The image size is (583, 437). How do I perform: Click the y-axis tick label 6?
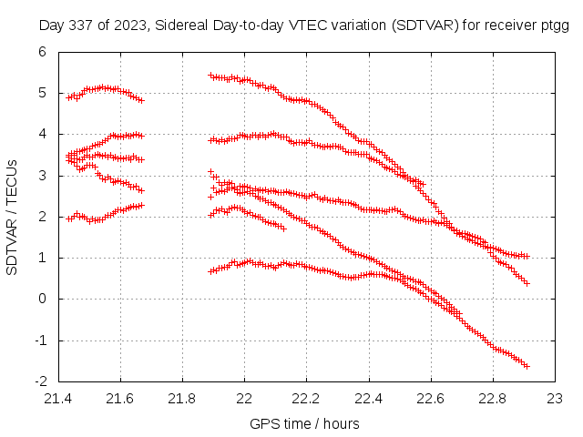point(41,52)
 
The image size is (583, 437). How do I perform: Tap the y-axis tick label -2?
point(38,381)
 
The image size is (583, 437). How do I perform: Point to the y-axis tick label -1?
point(38,340)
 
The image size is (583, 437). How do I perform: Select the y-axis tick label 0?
point(41,300)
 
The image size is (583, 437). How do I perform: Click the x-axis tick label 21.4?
point(58,399)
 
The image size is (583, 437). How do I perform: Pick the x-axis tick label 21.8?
point(182,399)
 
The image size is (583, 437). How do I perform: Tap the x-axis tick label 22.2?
point(307,399)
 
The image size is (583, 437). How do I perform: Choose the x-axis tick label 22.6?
point(431,399)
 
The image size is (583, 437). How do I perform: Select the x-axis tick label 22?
point(244,399)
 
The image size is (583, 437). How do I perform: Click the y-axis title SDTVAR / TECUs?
point(13,217)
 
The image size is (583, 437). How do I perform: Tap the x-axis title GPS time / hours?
point(304,423)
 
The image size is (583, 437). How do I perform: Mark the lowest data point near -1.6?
point(527,366)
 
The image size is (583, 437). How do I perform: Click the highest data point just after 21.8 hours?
point(210,76)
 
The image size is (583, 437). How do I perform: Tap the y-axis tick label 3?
point(41,176)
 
